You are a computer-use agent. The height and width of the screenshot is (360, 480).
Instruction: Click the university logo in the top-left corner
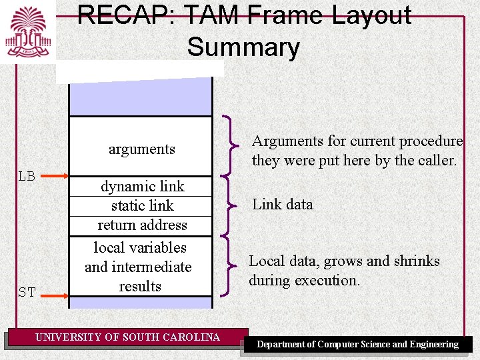(x=28, y=31)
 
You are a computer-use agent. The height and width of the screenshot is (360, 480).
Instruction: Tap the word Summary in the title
(x=243, y=47)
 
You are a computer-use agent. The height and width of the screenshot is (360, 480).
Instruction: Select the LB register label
(x=27, y=177)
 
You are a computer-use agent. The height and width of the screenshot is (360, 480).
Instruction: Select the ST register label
(x=27, y=292)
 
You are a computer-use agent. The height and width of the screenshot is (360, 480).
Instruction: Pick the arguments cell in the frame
(x=141, y=149)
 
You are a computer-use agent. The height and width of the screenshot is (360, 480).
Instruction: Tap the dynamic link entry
(x=142, y=187)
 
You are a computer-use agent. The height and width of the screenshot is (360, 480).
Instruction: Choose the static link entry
(x=142, y=206)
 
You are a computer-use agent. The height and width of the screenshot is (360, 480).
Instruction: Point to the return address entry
(x=142, y=225)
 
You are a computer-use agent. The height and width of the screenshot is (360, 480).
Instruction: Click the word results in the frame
(x=140, y=287)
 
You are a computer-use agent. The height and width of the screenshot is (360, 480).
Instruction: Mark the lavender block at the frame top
(x=141, y=97)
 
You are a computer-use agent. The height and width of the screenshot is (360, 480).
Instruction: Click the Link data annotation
(x=282, y=205)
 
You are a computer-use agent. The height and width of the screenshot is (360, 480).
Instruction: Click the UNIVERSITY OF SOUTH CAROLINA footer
(x=127, y=337)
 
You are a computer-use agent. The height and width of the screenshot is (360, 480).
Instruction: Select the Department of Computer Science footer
(x=358, y=345)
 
